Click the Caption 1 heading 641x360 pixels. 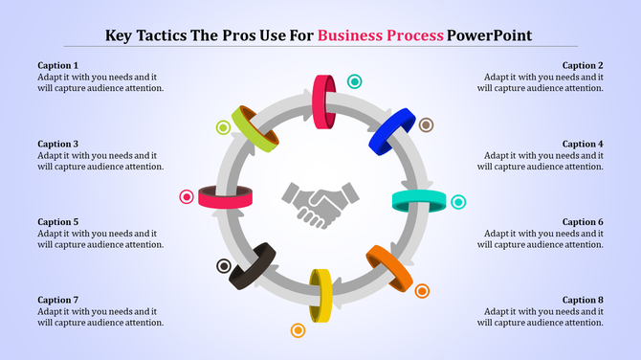(58, 65)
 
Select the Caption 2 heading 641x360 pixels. (582, 65)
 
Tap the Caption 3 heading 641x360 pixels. (58, 144)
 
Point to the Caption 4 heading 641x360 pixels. (582, 144)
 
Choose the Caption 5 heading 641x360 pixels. (58, 222)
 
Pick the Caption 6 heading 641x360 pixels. (582, 222)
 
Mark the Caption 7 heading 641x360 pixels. (58, 300)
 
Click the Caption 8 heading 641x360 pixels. (582, 300)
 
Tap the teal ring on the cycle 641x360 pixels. (419, 200)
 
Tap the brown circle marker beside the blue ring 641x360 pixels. (426, 124)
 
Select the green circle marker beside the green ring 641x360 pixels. (223, 127)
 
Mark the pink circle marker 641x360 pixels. (187, 197)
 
